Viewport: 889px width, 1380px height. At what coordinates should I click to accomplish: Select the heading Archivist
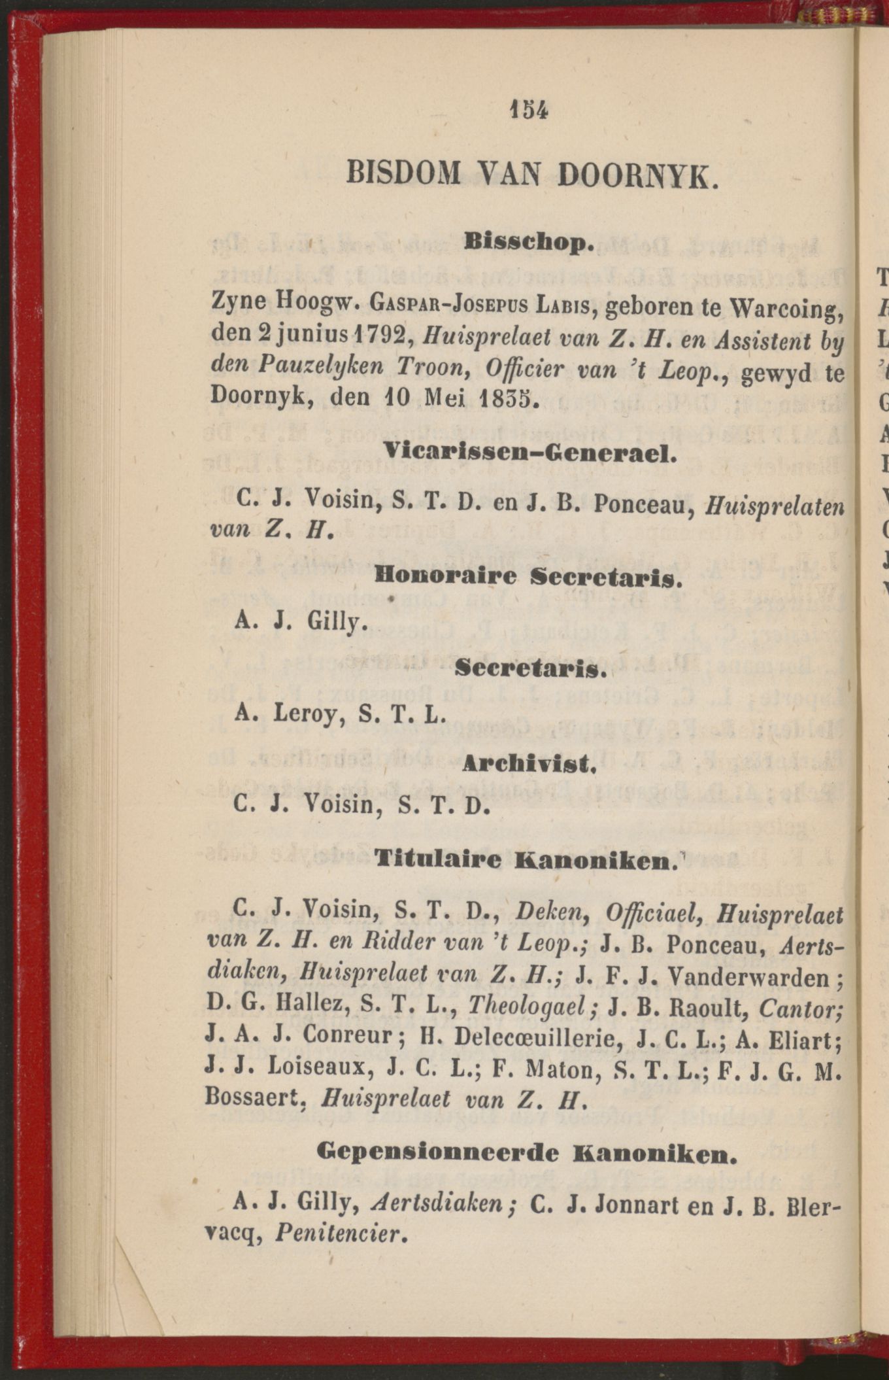coord(528,763)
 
